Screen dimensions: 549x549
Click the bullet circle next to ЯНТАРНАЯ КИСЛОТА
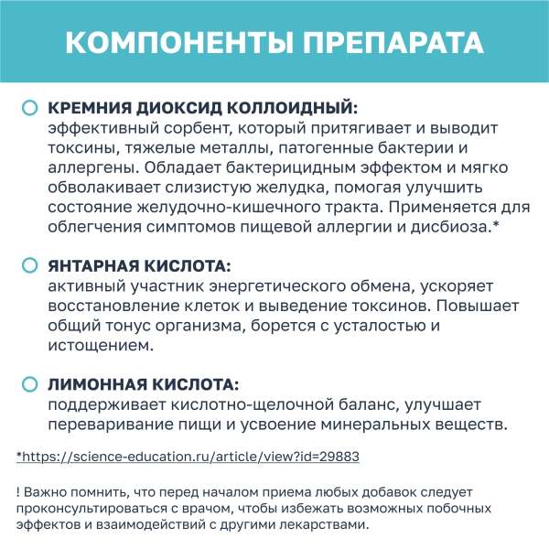pyautogui.click(x=29, y=266)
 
